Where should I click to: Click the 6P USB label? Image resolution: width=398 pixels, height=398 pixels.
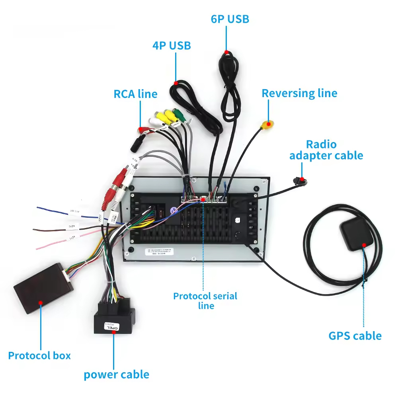(x=230, y=19)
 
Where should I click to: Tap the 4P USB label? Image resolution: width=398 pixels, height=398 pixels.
(x=172, y=45)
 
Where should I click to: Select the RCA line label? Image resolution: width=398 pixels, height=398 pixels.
(x=135, y=94)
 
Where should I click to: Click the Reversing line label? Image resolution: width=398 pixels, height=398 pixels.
(x=299, y=93)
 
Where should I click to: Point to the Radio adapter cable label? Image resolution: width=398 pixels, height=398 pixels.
(x=326, y=150)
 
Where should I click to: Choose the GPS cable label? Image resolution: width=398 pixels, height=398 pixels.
(x=355, y=336)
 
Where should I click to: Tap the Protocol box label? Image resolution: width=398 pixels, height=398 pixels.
(x=39, y=355)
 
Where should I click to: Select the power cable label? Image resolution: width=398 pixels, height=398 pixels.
(x=116, y=375)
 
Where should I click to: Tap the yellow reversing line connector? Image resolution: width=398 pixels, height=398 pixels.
(x=267, y=126)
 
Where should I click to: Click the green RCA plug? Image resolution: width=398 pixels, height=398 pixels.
(x=179, y=114)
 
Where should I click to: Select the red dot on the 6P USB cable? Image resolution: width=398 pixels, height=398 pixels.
(x=226, y=52)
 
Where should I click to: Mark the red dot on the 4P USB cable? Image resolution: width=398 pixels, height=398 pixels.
(x=176, y=83)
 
